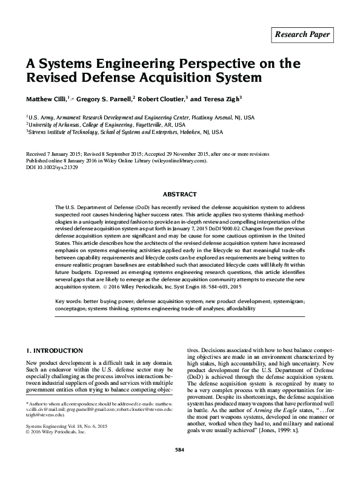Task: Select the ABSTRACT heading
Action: coord(180,195)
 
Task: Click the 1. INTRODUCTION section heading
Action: coord(55,351)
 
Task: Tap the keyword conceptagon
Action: coord(74,308)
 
